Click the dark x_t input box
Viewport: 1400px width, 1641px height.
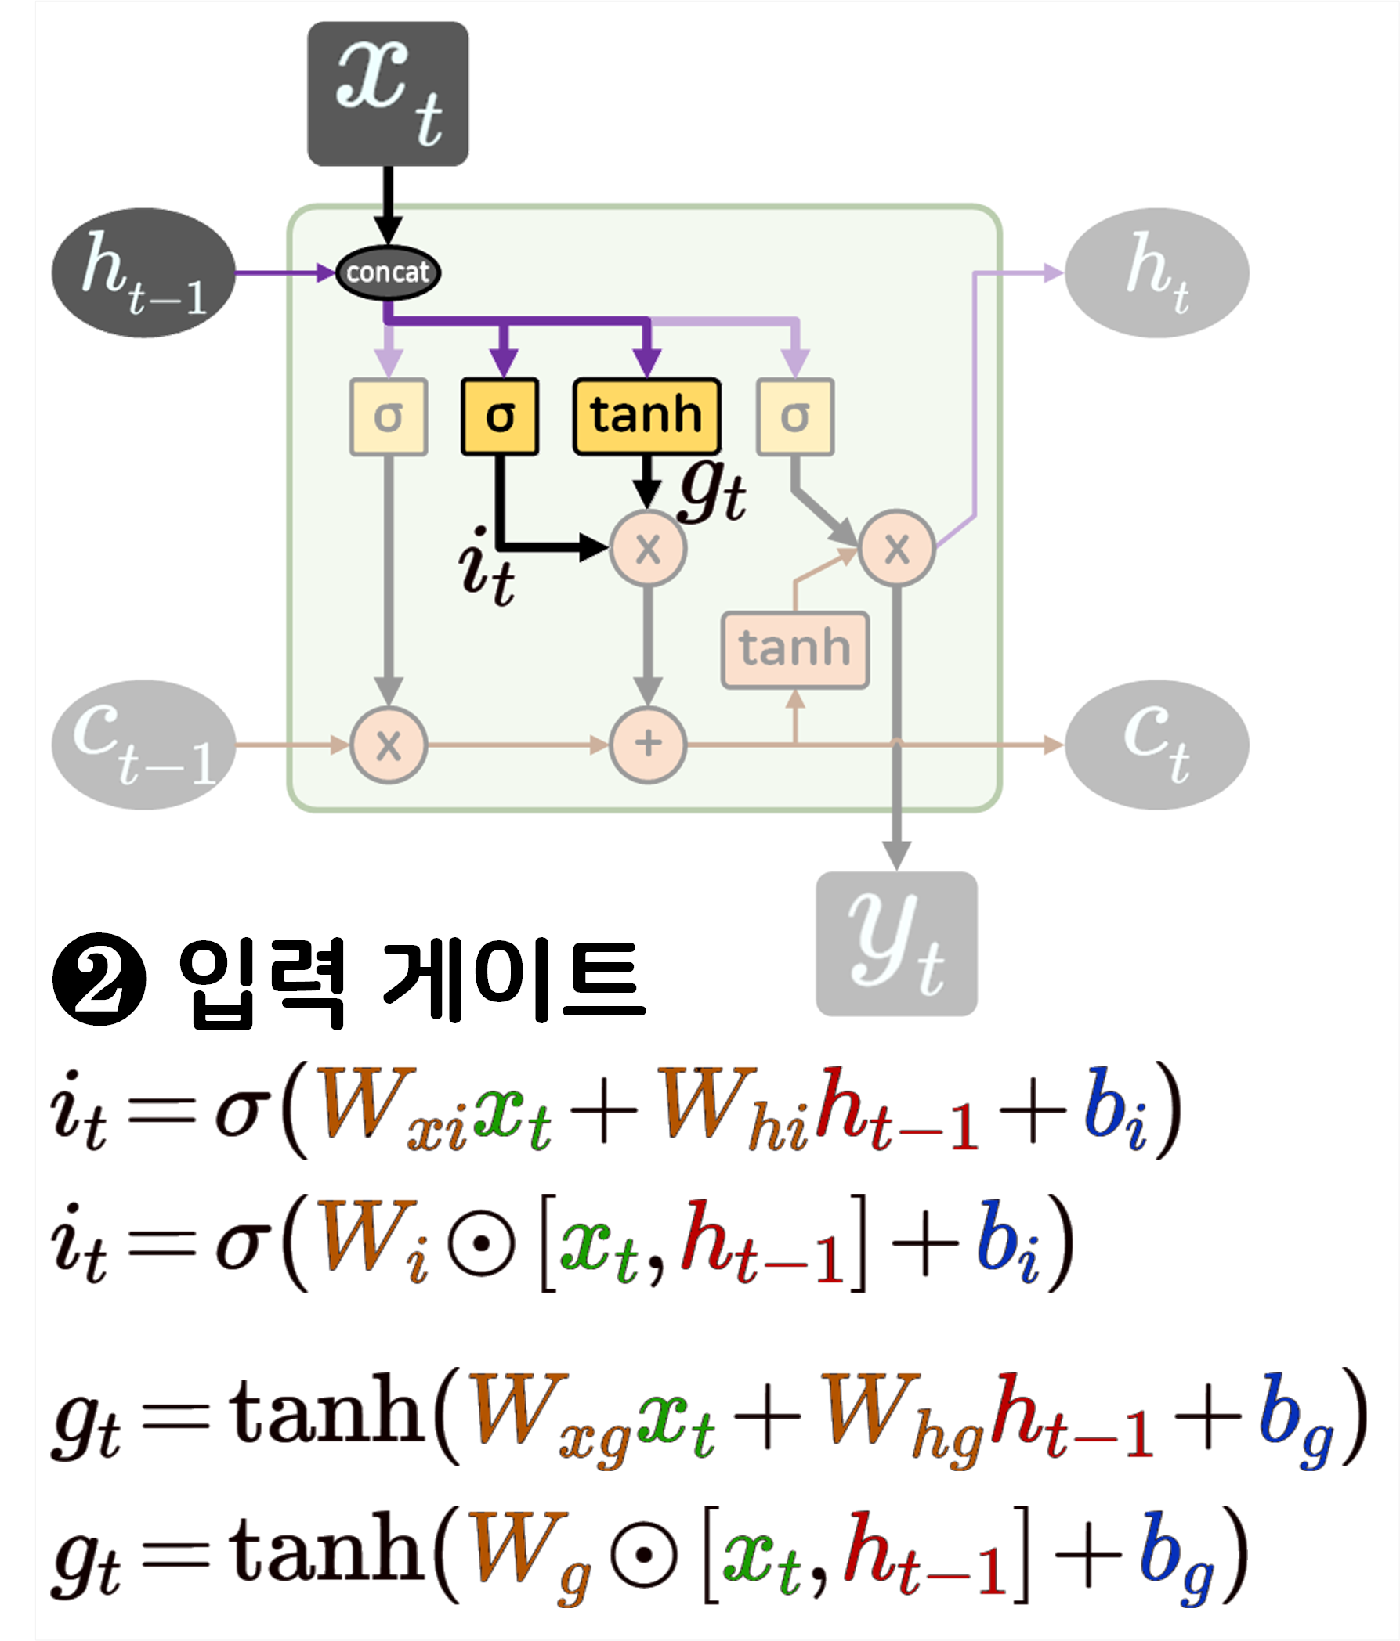[388, 93]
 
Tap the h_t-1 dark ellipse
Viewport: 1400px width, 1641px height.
[143, 273]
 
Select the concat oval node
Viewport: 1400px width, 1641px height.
[388, 272]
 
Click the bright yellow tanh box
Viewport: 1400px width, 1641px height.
[646, 416]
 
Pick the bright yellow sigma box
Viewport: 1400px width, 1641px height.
[500, 417]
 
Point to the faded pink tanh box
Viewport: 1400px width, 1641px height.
[794, 648]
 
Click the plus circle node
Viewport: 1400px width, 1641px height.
[647, 745]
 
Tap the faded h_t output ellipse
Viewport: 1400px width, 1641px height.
[1156, 273]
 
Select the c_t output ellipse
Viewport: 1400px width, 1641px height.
[1156, 745]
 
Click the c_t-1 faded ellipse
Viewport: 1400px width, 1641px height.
[143, 745]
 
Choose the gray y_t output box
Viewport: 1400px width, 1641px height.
[896, 943]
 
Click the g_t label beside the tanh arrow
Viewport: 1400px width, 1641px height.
[712, 491]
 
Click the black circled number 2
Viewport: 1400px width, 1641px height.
[99, 979]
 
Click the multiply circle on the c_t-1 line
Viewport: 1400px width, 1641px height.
[389, 745]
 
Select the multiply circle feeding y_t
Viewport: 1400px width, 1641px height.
[896, 548]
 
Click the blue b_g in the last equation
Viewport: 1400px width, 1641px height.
[1176, 1553]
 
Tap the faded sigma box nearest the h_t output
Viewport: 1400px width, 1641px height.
[794, 417]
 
